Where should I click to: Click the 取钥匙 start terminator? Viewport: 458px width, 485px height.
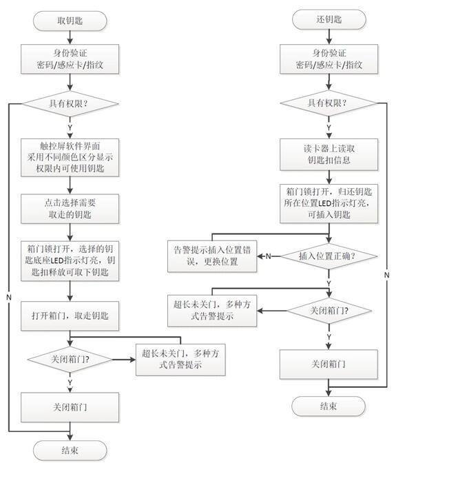(x=70, y=21)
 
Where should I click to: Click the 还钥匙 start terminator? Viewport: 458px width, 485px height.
(x=328, y=19)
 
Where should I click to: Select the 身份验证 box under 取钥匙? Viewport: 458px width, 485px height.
(x=70, y=59)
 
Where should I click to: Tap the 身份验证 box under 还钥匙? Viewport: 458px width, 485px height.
(x=328, y=59)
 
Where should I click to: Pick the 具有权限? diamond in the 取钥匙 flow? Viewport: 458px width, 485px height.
(x=70, y=104)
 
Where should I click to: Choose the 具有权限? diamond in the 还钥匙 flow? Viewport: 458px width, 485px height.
(x=328, y=104)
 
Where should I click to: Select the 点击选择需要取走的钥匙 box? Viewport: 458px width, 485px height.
(x=70, y=209)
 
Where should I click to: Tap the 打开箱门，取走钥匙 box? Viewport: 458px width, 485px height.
(x=70, y=316)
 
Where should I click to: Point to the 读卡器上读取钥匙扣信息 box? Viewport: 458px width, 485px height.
(x=328, y=154)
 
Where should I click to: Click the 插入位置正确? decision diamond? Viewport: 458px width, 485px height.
(x=328, y=256)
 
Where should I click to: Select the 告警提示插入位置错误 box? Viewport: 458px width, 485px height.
(x=212, y=256)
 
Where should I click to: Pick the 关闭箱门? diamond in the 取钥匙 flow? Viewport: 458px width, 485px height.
(x=70, y=359)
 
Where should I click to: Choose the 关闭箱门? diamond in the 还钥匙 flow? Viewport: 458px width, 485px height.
(x=328, y=311)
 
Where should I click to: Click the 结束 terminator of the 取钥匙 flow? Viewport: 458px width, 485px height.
(x=70, y=451)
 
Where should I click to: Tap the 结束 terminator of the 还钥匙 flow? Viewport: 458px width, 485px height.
(x=328, y=406)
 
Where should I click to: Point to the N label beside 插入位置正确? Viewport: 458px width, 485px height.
(x=269, y=256)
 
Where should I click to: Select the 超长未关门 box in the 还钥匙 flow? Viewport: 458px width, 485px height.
(x=212, y=311)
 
